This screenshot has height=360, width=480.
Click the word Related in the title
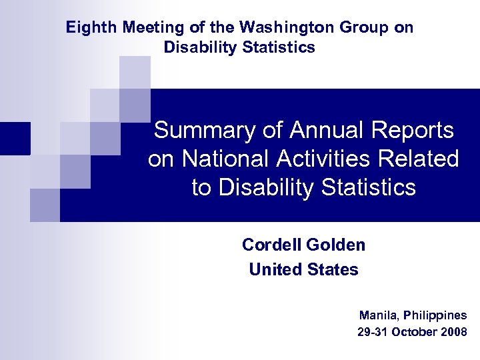(x=426, y=159)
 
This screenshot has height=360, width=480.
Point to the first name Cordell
(x=271, y=245)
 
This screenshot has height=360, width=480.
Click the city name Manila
(x=376, y=315)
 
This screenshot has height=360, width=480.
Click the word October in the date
(x=415, y=331)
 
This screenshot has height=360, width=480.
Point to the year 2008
(x=454, y=331)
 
